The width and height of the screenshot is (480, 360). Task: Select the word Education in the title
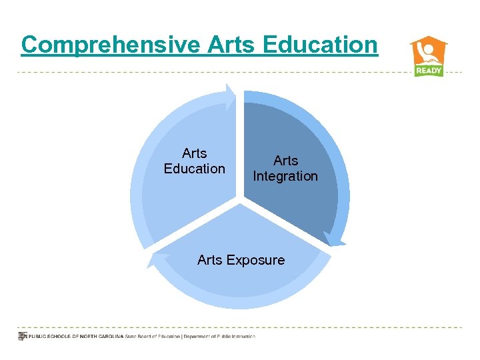click(x=320, y=45)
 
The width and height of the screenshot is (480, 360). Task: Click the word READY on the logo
click(x=429, y=71)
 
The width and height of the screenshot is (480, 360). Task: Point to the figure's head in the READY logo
click(x=430, y=49)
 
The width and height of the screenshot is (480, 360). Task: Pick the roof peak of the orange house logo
click(x=429, y=37)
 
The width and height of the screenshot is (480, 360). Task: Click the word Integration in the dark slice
click(x=285, y=177)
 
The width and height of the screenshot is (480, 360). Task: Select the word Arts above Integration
click(x=285, y=161)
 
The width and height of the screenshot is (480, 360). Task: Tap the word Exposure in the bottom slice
click(x=255, y=260)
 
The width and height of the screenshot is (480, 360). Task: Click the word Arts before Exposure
click(x=210, y=260)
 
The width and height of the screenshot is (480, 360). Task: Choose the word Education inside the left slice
click(x=195, y=169)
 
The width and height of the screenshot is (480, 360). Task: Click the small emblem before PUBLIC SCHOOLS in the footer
click(x=21, y=336)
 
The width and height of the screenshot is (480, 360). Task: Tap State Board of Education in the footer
click(x=153, y=337)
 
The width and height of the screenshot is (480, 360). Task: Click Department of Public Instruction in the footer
click(x=221, y=337)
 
